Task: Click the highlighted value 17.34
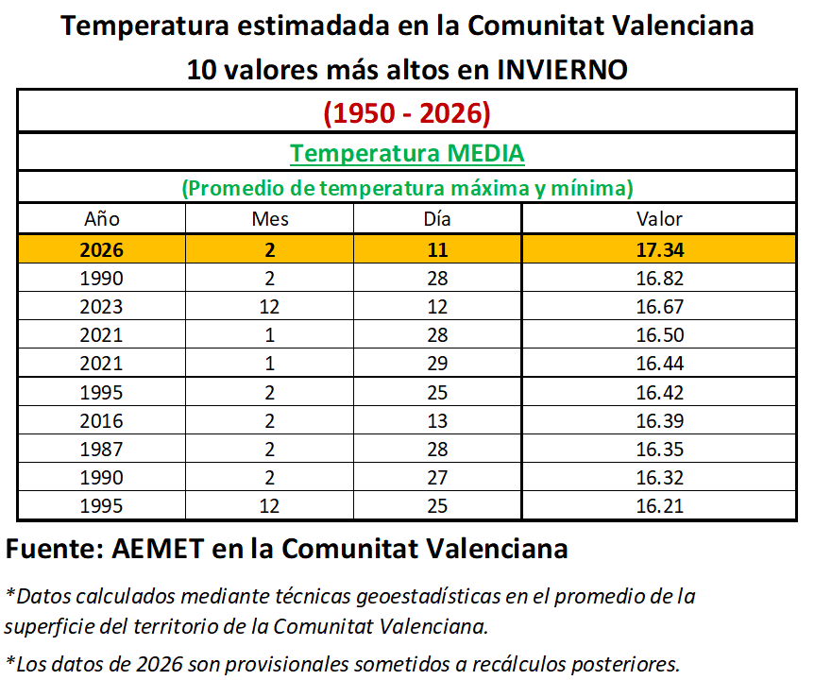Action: pos(659,250)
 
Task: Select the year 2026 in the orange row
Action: pos(101,250)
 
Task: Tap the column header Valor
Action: pos(659,219)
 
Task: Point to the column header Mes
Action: pos(270,219)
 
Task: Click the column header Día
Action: pos(437,219)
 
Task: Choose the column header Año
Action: pos(101,219)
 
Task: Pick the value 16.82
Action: pos(659,279)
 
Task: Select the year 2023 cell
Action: pos(101,307)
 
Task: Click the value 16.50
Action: pos(659,335)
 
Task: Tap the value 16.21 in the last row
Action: pos(659,506)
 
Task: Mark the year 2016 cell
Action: pos(101,421)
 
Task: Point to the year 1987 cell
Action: pos(101,450)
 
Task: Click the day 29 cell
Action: pos(437,364)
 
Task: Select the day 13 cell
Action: pos(437,421)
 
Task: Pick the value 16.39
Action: pos(659,421)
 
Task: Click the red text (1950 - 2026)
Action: pos(407,113)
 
